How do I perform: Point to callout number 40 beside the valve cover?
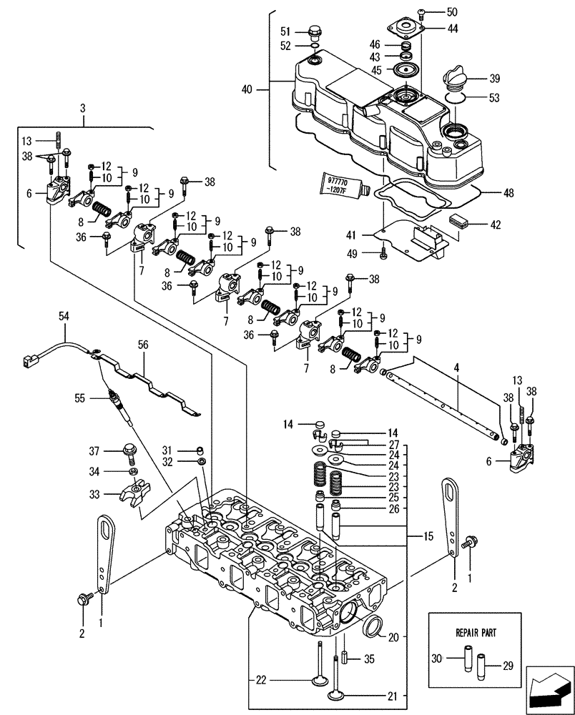tap(248, 89)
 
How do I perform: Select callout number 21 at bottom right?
tap(392, 696)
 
